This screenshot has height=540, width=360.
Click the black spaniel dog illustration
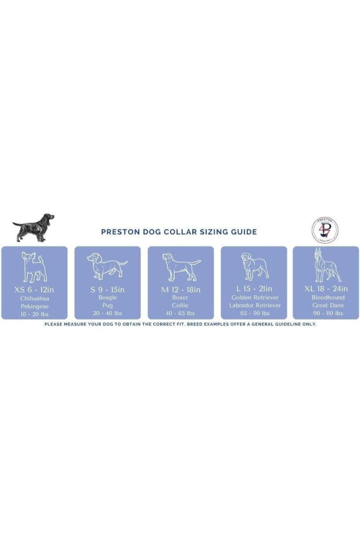(34, 228)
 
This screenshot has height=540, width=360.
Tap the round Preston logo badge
(325, 230)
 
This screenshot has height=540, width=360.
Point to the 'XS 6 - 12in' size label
(34, 290)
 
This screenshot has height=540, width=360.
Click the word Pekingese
(34, 306)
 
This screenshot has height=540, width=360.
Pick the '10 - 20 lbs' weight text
(34, 314)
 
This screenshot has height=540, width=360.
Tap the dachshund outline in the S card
(107, 265)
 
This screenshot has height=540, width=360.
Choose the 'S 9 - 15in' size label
(107, 290)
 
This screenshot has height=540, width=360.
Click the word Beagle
(107, 298)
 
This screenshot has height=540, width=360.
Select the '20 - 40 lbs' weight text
(107, 313)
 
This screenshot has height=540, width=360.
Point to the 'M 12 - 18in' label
(181, 290)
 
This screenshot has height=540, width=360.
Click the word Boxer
(180, 298)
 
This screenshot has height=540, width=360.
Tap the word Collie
(180, 305)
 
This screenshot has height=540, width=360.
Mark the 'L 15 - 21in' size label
(254, 289)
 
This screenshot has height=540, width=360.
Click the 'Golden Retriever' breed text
(255, 297)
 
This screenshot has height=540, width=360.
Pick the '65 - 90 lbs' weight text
(255, 313)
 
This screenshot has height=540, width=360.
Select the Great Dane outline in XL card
(327, 265)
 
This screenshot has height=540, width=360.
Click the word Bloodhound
(328, 297)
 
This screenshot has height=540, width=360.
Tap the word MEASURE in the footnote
(75, 324)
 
